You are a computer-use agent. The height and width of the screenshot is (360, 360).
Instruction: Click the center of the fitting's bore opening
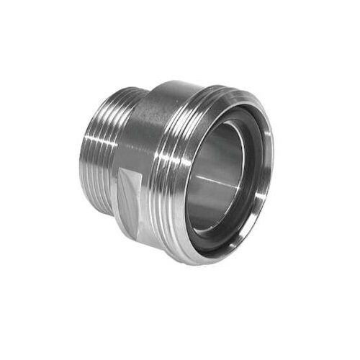(x=220, y=180)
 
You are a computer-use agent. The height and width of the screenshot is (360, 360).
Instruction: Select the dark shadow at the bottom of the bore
(x=216, y=230)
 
